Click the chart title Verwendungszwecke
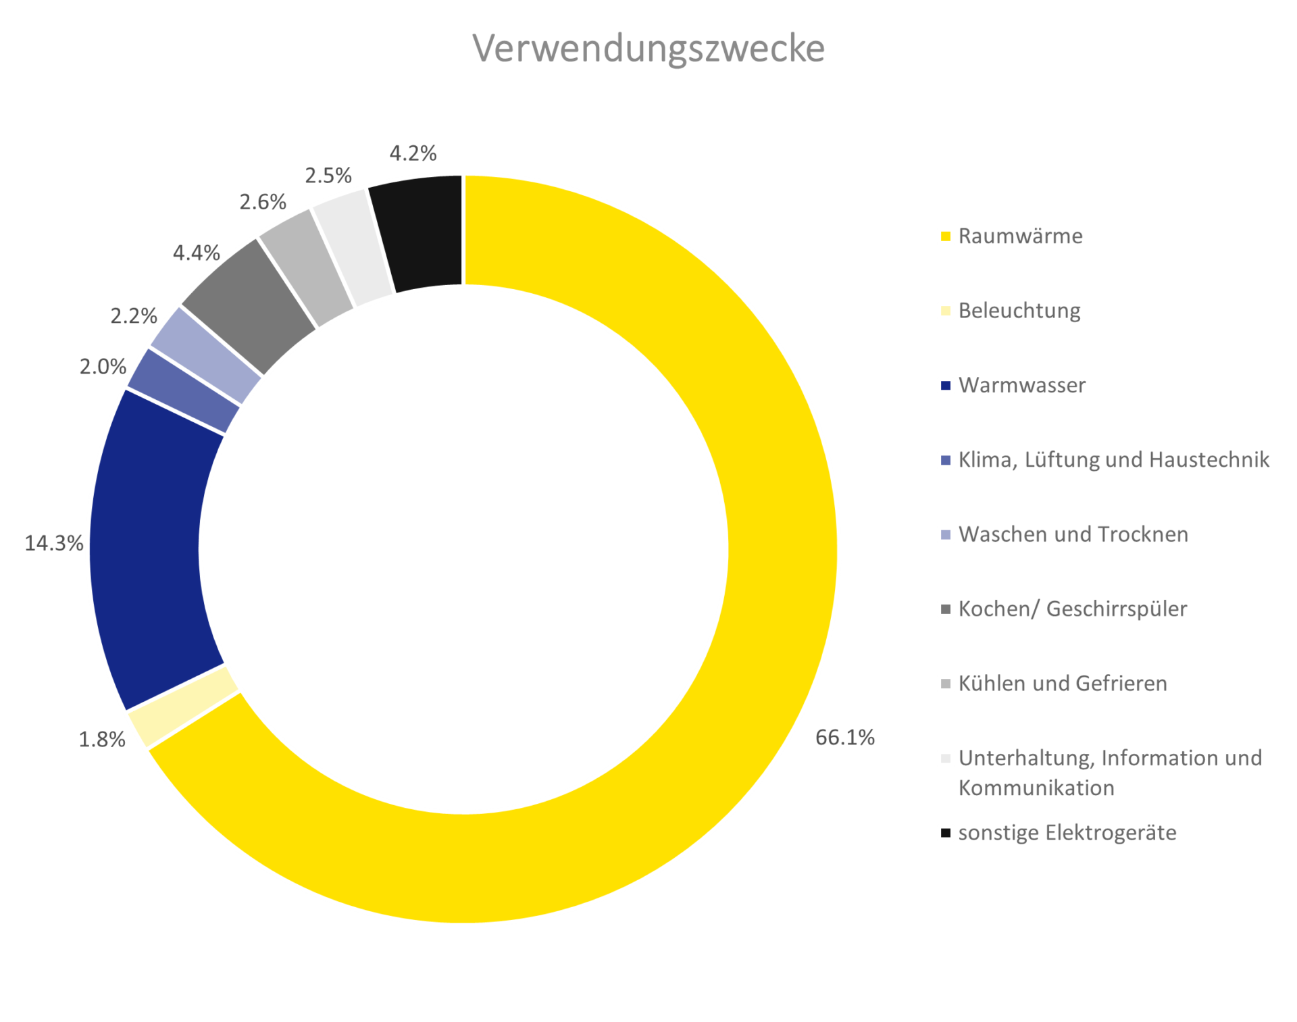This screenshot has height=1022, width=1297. click(x=648, y=49)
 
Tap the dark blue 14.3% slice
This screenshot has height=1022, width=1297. click(x=149, y=547)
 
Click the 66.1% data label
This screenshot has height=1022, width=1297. click(x=844, y=738)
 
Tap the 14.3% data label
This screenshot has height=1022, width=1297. click(x=54, y=543)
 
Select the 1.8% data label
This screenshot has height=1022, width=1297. click(x=102, y=740)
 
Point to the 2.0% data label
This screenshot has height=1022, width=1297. click(x=103, y=367)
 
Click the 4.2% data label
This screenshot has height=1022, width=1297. click(x=413, y=153)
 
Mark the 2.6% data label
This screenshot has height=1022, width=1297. click(x=263, y=202)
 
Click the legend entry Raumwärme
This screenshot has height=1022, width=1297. click(x=1020, y=236)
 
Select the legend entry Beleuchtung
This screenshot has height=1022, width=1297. click(x=1019, y=311)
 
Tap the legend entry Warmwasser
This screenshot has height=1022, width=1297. click(x=1021, y=386)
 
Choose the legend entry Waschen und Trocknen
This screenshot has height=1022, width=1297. click(x=1073, y=534)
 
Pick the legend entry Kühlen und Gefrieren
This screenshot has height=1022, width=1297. click(x=1062, y=684)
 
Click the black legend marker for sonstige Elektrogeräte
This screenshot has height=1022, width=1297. click(x=946, y=833)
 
